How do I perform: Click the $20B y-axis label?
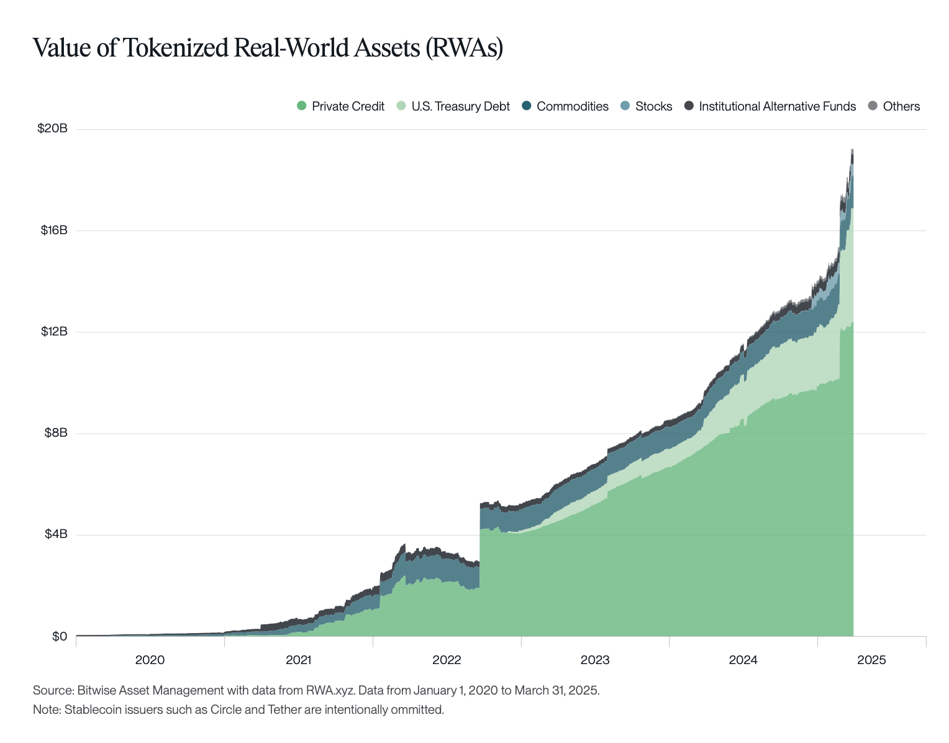click(52, 129)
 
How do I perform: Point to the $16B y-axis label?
click(53, 230)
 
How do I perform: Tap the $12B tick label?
click(53, 331)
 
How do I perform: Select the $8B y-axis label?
click(55, 432)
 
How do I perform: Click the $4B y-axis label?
click(55, 534)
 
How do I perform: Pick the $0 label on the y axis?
click(59, 636)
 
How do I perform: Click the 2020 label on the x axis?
click(150, 660)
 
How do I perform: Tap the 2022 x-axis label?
click(447, 660)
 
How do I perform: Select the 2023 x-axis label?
click(595, 660)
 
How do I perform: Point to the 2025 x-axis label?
click(872, 660)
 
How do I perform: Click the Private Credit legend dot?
click(302, 106)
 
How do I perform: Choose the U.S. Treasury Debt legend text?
click(460, 106)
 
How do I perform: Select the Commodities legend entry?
click(572, 106)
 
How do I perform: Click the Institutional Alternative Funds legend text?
click(777, 106)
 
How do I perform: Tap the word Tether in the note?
click(284, 709)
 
